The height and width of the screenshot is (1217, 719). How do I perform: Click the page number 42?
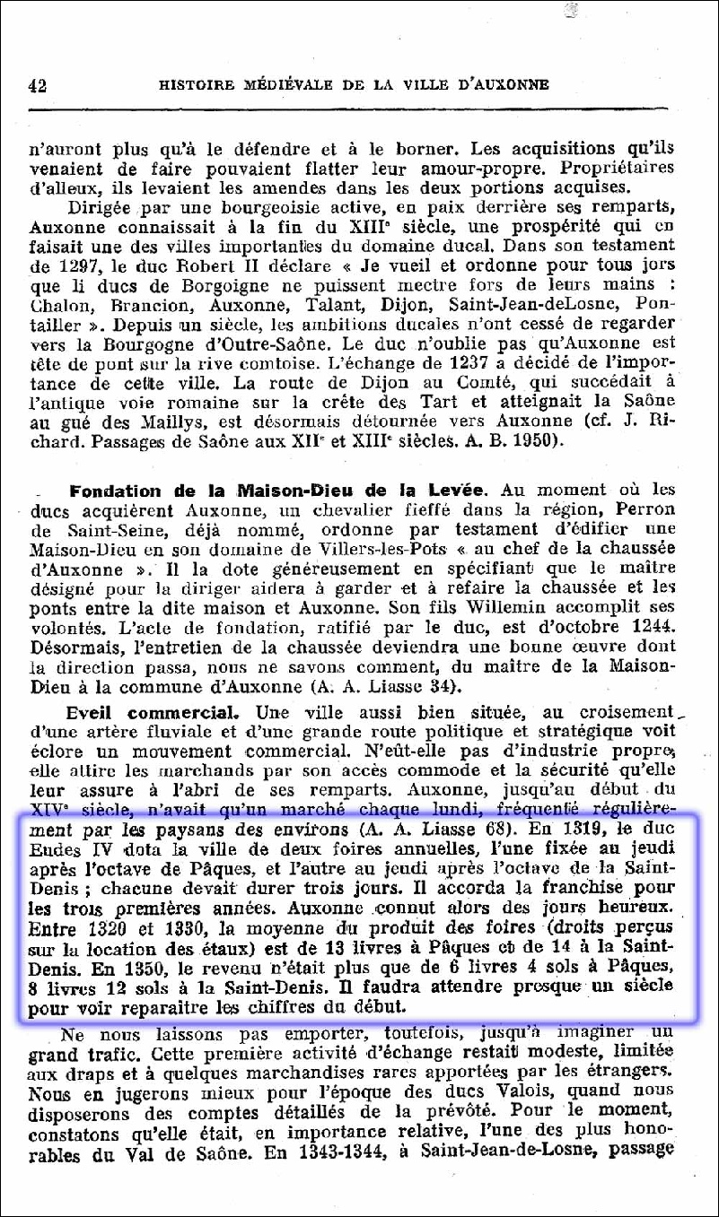(x=37, y=86)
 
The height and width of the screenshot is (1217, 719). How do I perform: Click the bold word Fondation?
(x=115, y=491)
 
